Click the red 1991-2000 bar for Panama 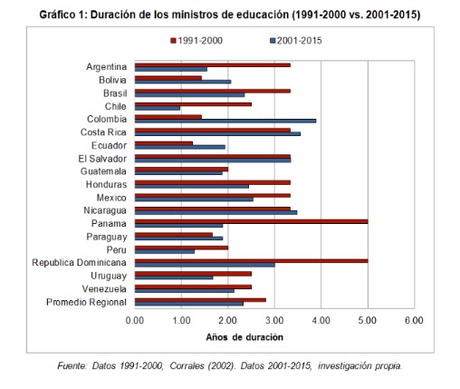(251, 221)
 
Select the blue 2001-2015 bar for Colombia (225, 121)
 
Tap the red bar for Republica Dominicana (251, 261)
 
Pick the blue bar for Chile (158, 108)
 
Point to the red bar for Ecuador (164, 143)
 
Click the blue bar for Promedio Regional (189, 304)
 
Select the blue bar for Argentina (171, 69)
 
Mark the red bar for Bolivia (168, 78)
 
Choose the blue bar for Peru (165, 251)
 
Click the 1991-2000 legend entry (196, 41)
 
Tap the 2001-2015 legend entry (296, 41)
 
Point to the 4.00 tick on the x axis (321, 320)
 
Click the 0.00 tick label (135, 320)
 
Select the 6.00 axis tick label (414, 320)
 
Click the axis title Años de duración (244, 337)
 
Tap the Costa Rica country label (103, 132)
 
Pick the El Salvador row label (102, 159)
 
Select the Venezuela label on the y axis (104, 289)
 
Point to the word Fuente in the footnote (72, 366)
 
